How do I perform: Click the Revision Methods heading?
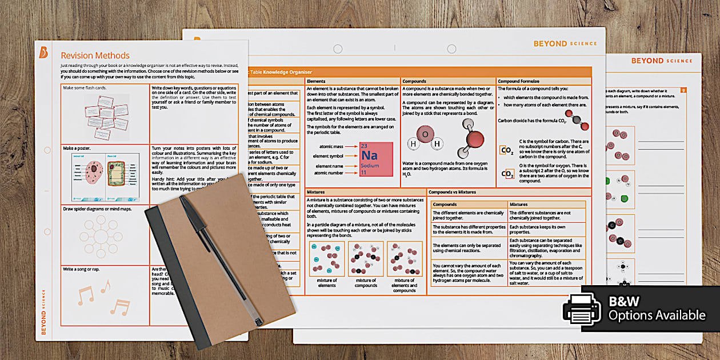click(x=95, y=55)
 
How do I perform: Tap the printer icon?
click(x=582, y=309)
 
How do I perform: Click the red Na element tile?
click(x=377, y=159)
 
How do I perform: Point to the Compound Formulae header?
click(x=518, y=81)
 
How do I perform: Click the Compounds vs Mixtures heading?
click(x=452, y=192)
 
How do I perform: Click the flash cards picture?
click(x=106, y=114)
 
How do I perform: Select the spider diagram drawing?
click(x=101, y=236)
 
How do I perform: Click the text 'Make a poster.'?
click(x=77, y=148)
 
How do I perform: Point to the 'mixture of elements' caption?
click(x=327, y=283)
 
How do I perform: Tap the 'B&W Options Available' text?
click(x=657, y=309)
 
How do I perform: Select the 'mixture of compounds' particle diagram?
click(x=366, y=259)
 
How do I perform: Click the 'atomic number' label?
click(x=328, y=173)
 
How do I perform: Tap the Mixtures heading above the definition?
click(x=317, y=192)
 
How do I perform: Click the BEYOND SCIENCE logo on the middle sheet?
click(x=565, y=43)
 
